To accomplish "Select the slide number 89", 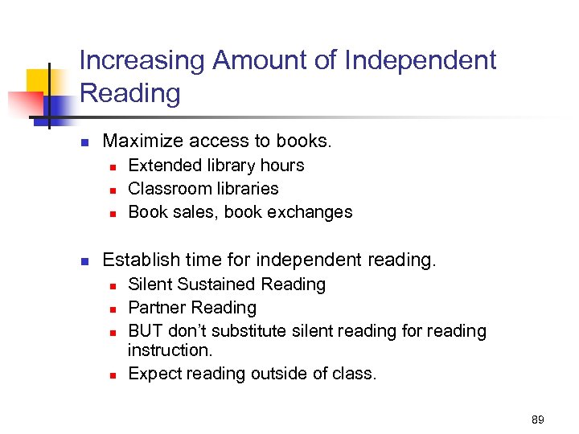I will (538, 419).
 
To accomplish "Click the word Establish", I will (141, 260).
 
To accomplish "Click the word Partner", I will (155, 308).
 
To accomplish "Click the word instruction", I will (168, 350).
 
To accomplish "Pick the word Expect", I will (153, 374).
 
